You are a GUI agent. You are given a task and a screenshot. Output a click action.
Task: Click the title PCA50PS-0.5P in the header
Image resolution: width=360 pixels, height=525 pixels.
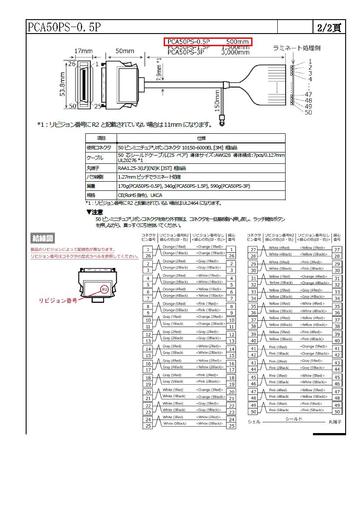pos(64,27)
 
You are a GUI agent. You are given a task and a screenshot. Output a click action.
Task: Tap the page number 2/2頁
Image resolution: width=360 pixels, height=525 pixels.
pos(329,27)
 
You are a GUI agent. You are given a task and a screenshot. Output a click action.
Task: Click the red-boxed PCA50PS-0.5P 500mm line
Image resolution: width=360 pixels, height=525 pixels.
pos(208,42)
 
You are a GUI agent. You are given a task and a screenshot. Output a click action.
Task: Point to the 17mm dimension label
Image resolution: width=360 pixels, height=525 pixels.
pos(83,51)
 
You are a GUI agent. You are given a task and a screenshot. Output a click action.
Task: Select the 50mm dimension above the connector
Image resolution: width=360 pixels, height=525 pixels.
pos(124,51)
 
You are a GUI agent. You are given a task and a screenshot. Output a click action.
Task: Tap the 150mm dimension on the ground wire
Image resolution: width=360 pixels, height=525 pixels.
pos(217,100)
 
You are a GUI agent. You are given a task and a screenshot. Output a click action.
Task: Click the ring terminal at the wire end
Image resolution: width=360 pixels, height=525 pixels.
pos(222,123)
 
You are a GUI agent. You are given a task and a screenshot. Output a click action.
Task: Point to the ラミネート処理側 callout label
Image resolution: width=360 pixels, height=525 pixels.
pos(296,48)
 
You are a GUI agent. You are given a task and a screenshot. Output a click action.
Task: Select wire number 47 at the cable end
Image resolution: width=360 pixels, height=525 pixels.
pos(309,94)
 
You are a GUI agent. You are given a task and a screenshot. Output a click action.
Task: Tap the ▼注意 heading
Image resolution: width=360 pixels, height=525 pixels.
pos(94,212)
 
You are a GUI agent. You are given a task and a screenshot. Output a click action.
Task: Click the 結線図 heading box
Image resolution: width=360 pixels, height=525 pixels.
pos(43,238)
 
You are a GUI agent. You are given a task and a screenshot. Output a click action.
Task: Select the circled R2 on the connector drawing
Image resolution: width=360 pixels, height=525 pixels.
pos(104,289)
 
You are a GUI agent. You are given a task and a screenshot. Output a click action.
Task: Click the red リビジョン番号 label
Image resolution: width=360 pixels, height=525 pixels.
pos(58,301)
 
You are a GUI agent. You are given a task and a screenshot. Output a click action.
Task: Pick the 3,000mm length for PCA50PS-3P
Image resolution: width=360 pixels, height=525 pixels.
pos(235,52)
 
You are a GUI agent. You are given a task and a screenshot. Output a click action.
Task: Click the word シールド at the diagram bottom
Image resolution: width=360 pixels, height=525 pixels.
pos(294,419)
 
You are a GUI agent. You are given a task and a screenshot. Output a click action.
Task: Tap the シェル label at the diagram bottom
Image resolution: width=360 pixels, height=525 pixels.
pos(254,422)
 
